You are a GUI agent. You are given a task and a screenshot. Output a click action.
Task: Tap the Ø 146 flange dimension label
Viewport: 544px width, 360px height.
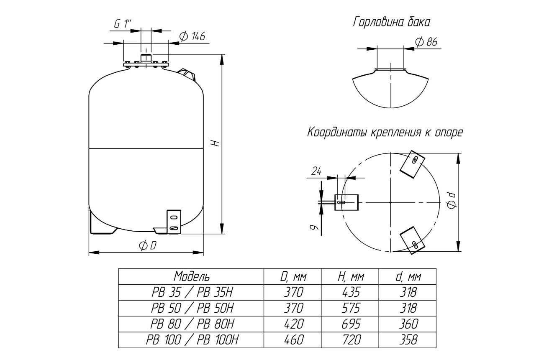pos(192,36)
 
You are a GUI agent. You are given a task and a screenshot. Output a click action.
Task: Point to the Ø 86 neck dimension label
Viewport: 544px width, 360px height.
pos(426,41)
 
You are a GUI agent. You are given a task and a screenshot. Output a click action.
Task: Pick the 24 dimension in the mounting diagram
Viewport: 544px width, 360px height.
pos(316,171)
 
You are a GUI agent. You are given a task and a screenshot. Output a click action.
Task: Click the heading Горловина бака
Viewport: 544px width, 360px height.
pos(392,22)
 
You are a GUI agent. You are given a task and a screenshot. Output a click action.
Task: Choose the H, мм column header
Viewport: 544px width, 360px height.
pos(350,277)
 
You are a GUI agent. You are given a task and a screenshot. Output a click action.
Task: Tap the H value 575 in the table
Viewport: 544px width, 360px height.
pos(350,308)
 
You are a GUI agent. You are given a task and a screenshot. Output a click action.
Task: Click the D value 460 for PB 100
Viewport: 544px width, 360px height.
pos(293,340)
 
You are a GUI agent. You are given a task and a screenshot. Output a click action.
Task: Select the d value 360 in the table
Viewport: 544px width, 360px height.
pos(408,324)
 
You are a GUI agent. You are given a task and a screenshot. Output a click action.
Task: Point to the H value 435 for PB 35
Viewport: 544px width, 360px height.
pos(350,292)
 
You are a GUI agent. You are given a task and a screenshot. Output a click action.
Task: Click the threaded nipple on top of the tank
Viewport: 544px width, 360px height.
pos(146,57)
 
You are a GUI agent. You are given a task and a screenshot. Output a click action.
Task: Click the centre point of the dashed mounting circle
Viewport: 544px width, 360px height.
pos(390,202)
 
